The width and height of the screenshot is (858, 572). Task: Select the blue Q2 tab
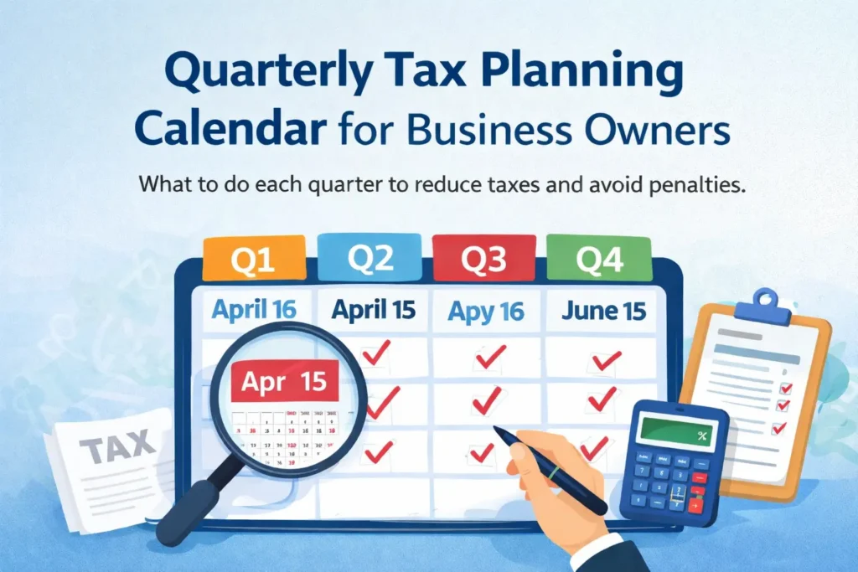coord(370,258)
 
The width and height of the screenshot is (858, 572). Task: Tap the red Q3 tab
coord(483,258)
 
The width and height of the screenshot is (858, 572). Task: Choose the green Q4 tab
coord(598,260)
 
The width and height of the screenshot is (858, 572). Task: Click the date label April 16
coord(254,310)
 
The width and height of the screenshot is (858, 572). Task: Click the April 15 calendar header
coord(373,310)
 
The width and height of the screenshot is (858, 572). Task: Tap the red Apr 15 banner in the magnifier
coord(284,382)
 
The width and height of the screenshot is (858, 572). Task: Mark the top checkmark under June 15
coord(604,359)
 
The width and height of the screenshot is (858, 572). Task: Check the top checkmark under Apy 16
coord(488,358)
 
